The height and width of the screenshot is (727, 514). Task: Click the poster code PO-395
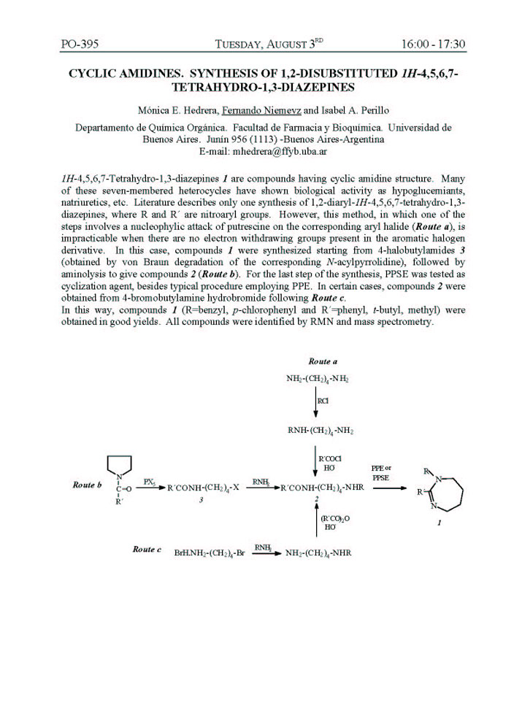pos(80,45)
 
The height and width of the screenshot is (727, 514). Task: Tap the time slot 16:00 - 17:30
pos(433,45)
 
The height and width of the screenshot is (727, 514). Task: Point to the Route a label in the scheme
pos(322,361)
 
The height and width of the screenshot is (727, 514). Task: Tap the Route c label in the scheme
pos(147,549)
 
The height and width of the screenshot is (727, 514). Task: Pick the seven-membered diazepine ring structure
pos(450,493)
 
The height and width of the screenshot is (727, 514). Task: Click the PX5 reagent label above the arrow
pos(149,482)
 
